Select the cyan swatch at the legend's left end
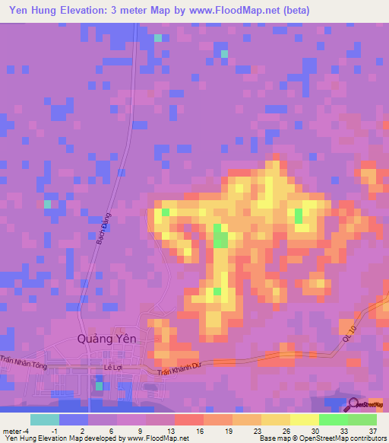click(x=45, y=419)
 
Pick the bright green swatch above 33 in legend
click(x=333, y=419)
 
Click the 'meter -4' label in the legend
click(x=15, y=430)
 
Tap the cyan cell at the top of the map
click(x=158, y=38)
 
